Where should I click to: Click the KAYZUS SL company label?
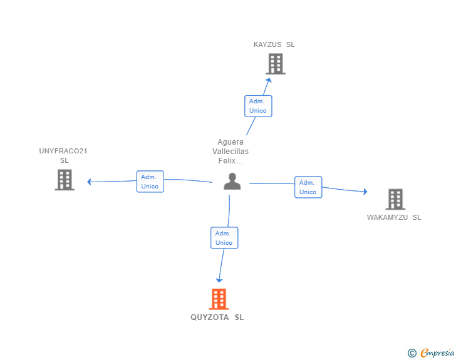click(274, 44)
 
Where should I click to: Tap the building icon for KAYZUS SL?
click(276, 64)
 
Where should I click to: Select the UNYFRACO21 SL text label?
click(63, 155)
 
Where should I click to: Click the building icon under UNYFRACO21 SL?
click(65, 180)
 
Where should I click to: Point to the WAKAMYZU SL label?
click(394, 217)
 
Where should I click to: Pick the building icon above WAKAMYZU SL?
click(395, 199)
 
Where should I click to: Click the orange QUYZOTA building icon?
click(219, 299)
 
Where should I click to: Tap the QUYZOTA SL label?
click(217, 317)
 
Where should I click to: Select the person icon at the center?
click(232, 181)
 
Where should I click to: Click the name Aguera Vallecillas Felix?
click(231, 152)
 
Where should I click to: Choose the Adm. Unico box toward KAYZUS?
click(258, 106)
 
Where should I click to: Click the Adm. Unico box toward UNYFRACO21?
click(150, 182)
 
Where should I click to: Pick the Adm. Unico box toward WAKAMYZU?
click(308, 187)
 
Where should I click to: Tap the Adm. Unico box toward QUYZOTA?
click(224, 238)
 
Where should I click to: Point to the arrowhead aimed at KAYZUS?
click(269, 81)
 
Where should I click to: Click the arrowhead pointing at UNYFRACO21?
click(90, 182)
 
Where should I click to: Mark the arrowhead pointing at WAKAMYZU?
click(365, 192)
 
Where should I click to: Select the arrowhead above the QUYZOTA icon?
click(219, 280)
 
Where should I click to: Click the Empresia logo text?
click(437, 352)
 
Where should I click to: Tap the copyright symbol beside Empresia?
click(412, 353)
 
